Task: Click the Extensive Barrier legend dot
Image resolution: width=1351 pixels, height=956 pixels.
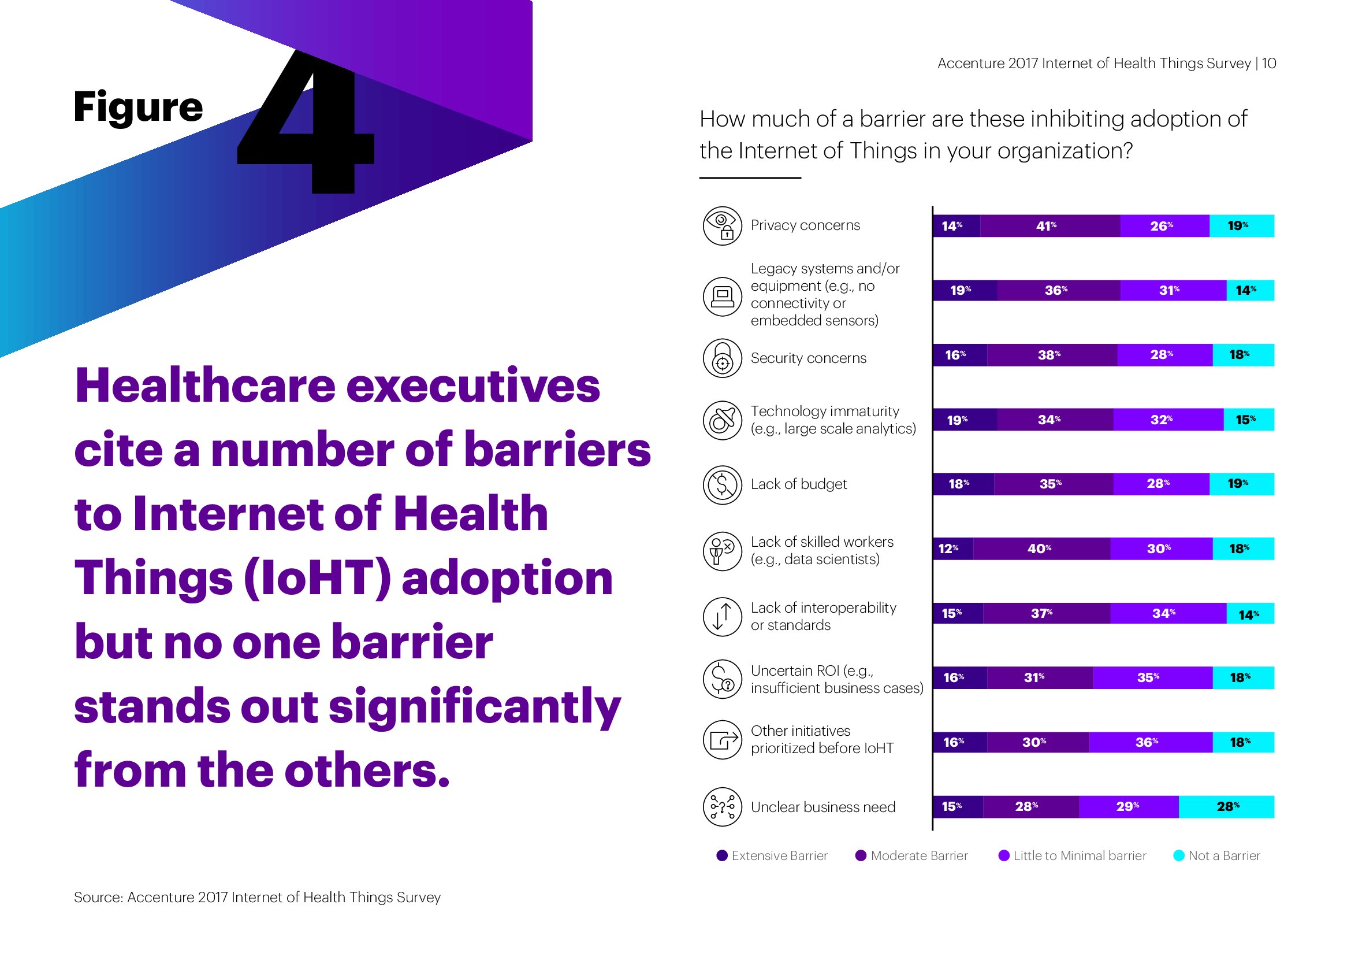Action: tap(722, 856)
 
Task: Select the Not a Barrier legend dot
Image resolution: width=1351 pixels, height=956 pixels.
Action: tap(1179, 856)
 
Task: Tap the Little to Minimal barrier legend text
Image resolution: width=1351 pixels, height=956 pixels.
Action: tap(1080, 856)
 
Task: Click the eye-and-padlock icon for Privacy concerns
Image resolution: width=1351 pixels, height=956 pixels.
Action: tap(722, 225)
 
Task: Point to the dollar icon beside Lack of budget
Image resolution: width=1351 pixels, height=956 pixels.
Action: tap(722, 485)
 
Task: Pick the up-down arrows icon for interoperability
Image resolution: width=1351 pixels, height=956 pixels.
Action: tap(722, 616)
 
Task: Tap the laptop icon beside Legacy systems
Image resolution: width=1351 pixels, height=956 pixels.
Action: tap(722, 296)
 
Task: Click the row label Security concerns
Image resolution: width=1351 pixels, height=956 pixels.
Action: tap(808, 358)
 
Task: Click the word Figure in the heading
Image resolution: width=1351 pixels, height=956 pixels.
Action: tap(138, 107)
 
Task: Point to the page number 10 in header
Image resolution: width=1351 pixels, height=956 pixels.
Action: tap(1268, 64)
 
